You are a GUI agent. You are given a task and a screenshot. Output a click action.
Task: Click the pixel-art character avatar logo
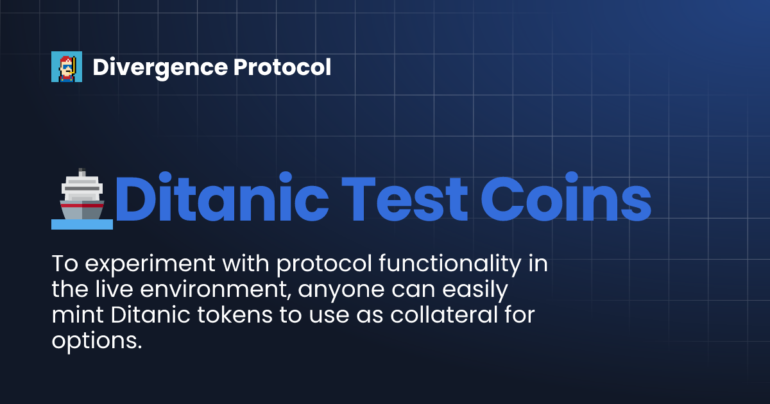coord(67,67)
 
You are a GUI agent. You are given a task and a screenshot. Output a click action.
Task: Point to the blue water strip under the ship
coord(82,224)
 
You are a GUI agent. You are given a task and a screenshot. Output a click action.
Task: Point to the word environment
coord(211,290)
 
